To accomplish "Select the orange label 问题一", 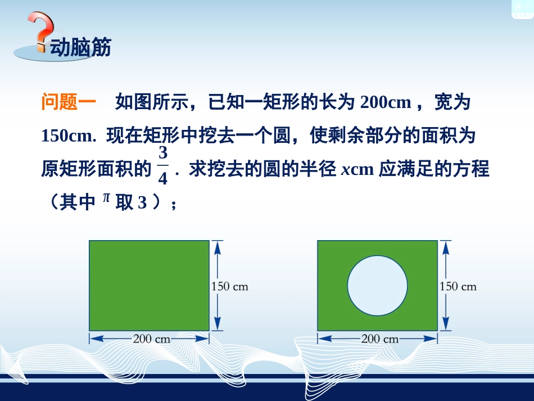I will pyautogui.click(x=69, y=103).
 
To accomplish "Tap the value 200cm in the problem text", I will pyautogui.click(x=388, y=103).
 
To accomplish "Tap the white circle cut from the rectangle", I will pyautogui.click(x=377, y=285).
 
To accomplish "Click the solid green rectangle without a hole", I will pyautogui.click(x=149, y=285).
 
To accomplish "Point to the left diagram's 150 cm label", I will pyautogui.click(x=229, y=286).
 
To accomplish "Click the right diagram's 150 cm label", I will pyautogui.click(x=458, y=286).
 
